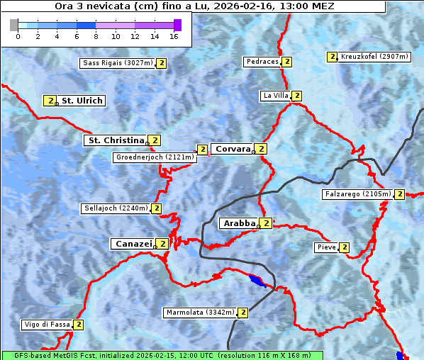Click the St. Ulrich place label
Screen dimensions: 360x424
coord(82,101)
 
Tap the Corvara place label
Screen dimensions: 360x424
coord(232,149)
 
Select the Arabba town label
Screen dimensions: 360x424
coord(238,223)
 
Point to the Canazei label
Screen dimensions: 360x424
coord(133,244)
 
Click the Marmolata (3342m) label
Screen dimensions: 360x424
coord(199,313)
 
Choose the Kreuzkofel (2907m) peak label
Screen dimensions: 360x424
coord(374,57)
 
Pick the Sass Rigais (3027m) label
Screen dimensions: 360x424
coord(117,63)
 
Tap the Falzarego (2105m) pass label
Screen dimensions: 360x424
coord(357,194)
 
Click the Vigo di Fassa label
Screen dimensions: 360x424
coord(47,325)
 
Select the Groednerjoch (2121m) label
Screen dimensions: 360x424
coord(154,157)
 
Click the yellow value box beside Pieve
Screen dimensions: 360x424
coord(344,247)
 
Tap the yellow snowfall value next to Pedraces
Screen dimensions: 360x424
coord(287,62)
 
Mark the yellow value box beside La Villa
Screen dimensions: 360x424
coord(296,96)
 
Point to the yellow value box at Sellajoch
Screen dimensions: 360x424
coord(156,208)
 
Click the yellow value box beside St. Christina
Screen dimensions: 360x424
coord(155,140)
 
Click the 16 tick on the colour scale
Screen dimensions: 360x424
coord(174,35)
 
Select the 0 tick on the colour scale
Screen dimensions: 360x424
coord(18,35)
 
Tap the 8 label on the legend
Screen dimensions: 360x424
coord(96,35)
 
